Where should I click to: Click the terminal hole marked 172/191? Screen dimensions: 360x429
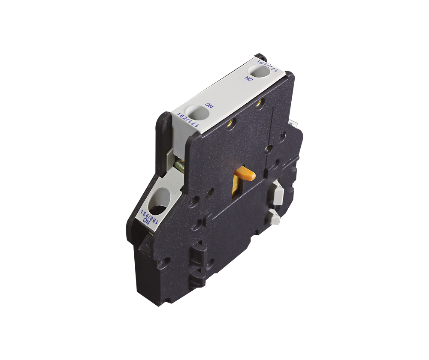(x=260, y=72)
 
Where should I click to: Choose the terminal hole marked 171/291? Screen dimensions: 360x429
(x=198, y=114)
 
